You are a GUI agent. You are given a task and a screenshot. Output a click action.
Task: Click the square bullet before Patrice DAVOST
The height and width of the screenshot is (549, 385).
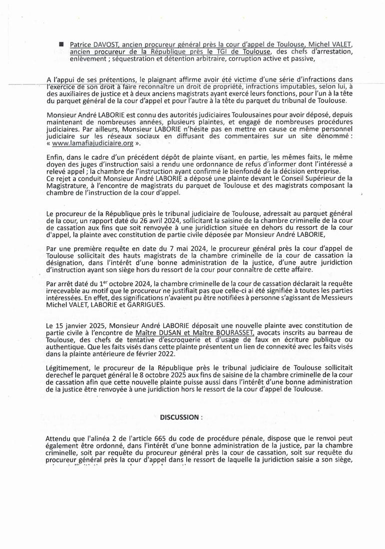61,45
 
